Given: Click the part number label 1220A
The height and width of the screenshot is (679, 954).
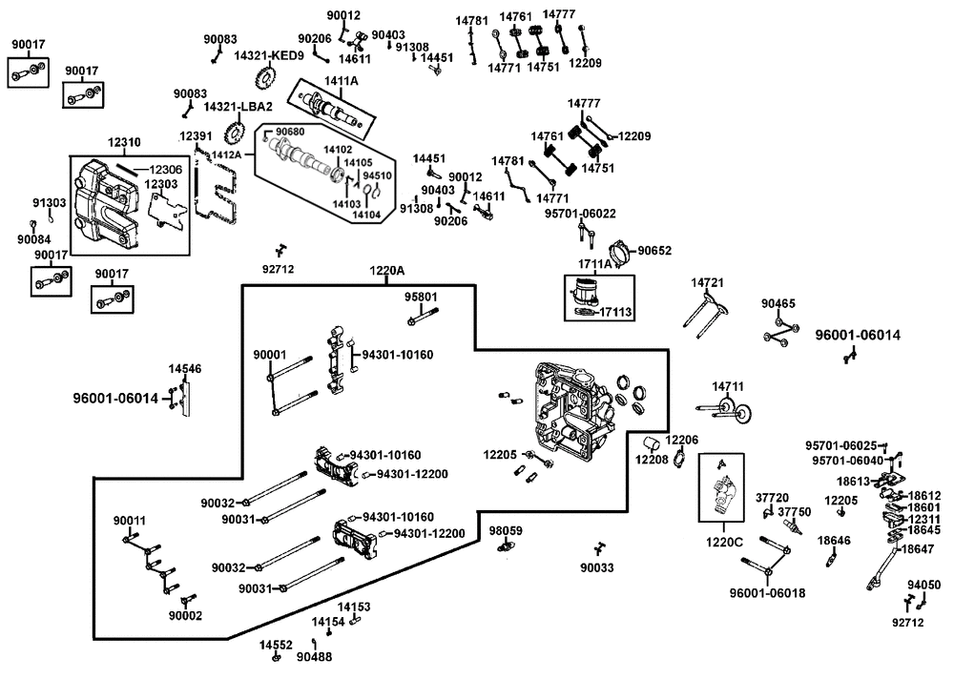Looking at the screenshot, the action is [387, 271].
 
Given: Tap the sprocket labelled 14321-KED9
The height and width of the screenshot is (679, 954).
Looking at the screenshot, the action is [264, 78].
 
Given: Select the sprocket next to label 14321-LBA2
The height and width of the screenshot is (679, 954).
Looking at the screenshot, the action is [235, 132].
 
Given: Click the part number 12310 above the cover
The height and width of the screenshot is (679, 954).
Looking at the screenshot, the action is [124, 142].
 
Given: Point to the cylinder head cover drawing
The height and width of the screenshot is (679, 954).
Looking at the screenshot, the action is [106, 204].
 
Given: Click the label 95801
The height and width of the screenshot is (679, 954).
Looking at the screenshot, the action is [421, 297].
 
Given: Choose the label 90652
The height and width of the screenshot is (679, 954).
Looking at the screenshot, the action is [654, 251].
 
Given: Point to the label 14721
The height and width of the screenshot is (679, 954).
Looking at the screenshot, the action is [708, 283].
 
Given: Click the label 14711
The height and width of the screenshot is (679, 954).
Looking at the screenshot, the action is [728, 386].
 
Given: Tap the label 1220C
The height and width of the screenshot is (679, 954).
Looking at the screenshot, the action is [724, 542].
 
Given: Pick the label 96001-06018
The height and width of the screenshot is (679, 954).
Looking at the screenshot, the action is [767, 592].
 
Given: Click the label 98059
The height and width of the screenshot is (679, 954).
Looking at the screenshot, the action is [506, 530].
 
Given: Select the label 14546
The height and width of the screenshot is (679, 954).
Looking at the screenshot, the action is [185, 369].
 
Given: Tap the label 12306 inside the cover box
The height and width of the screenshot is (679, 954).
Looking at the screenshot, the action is [165, 171].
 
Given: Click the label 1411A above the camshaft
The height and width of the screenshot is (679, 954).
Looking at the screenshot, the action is [342, 81].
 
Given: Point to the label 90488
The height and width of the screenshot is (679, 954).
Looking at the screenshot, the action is [315, 657].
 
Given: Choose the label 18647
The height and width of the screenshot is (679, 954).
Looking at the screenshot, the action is [917, 548].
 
